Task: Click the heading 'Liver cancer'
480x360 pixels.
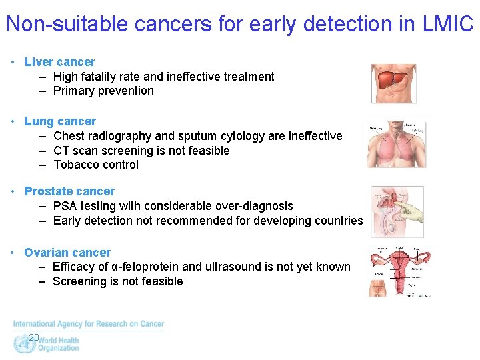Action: [x=59, y=62]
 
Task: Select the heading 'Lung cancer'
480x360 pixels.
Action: [x=60, y=121]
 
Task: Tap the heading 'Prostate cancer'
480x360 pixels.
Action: [x=69, y=191]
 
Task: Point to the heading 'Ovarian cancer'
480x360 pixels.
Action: [x=67, y=253]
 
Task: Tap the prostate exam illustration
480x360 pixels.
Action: [x=397, y=211]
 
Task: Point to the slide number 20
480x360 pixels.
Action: [x=34, y=337]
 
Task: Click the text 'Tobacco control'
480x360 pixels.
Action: [x=96, y=165]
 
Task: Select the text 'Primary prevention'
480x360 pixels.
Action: [x=103, y=91]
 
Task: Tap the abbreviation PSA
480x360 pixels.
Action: [x=65, y=206]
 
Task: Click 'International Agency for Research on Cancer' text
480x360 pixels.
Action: [x=88, y=324]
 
